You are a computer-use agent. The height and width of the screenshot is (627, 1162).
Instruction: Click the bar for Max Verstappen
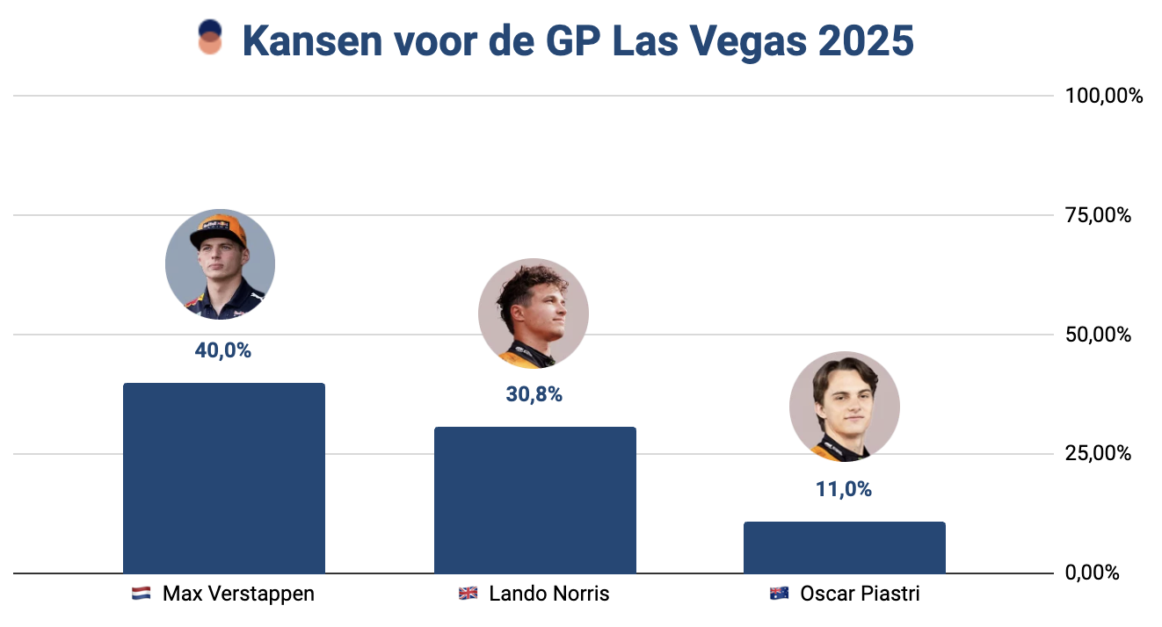tap(224, 479)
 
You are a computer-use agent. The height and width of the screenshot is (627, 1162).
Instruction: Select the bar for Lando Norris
tap(534, 501)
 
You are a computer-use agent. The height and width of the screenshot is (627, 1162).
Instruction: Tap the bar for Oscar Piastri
tap(844, 548)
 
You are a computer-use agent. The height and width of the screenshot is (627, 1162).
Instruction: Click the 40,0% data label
tap(223, 350)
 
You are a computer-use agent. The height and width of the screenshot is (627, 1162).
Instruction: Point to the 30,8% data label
tap(534, 395)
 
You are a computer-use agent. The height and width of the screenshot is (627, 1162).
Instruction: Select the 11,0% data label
tap(844, 490)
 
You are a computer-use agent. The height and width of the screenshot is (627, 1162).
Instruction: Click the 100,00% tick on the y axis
tap(1104, 96)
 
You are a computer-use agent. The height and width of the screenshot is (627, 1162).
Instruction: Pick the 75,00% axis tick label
tap(1099, 215)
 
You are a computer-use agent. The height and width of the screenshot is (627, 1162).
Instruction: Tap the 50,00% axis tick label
tap(1099, 335)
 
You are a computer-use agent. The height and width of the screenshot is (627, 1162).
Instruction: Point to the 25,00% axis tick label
tap(1099, 454)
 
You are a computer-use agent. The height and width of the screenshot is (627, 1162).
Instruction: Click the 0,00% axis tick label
tap(1093, 573)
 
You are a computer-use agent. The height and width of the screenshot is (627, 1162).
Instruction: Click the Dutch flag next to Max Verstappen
tap(141, 595)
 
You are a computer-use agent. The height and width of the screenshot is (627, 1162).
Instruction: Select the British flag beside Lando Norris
tap(468, 595)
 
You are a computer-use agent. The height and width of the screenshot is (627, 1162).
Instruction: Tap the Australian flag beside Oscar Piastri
tap(778, 595)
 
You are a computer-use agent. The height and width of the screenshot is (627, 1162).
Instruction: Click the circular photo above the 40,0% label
tap(221, 263)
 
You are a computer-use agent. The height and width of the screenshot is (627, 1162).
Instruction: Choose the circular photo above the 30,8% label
tap(534, 313)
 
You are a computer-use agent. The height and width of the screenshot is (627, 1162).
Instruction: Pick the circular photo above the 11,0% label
tap(844, 407)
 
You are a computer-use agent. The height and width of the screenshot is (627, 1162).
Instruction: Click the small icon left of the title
tap(210, 39)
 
